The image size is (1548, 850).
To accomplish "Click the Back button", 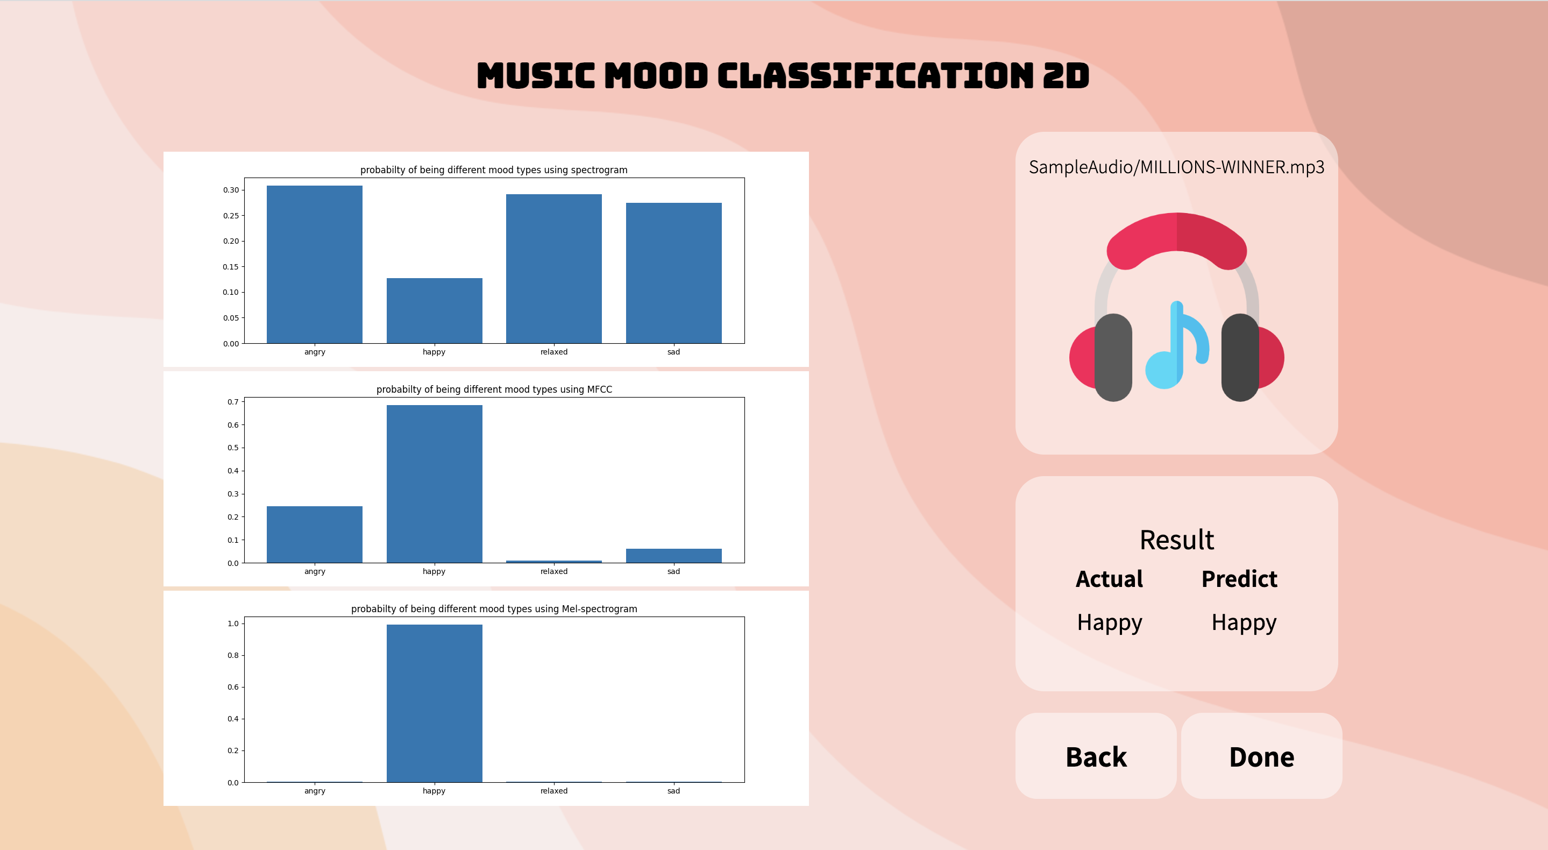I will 1096,756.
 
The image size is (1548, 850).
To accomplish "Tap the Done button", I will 1261,756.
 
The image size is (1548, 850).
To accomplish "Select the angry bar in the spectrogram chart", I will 314,265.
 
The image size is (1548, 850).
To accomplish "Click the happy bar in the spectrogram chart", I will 434,310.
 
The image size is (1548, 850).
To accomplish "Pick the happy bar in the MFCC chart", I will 434,484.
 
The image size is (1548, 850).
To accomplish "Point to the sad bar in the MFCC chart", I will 673,555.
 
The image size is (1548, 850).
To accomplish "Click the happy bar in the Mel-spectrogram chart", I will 434,703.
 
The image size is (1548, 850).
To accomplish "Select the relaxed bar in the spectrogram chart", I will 553,268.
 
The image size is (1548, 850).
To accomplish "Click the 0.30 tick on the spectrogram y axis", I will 231,190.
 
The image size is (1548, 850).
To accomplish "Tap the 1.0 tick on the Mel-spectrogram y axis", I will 232,624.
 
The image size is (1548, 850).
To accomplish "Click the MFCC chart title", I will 494,389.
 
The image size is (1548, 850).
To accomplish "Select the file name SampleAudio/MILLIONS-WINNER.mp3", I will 1176,167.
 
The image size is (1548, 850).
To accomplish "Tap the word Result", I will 1176,540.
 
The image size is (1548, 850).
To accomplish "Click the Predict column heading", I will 1239,579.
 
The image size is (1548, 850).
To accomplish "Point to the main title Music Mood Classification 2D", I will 783,76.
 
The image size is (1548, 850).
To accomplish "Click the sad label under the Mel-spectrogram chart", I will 673,791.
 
